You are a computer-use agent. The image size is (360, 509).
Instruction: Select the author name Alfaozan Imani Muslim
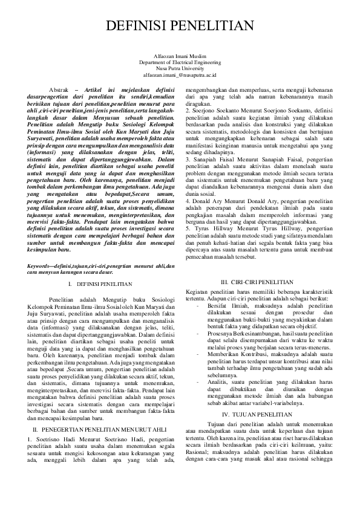tap(180, 55)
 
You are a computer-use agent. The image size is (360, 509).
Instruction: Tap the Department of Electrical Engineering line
tap(180, 62)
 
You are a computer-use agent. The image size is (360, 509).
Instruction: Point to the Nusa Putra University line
tap(180, 68)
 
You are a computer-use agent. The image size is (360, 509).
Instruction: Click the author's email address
tap(180, 75)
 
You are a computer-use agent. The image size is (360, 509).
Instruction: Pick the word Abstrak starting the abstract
tap(59, 89)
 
